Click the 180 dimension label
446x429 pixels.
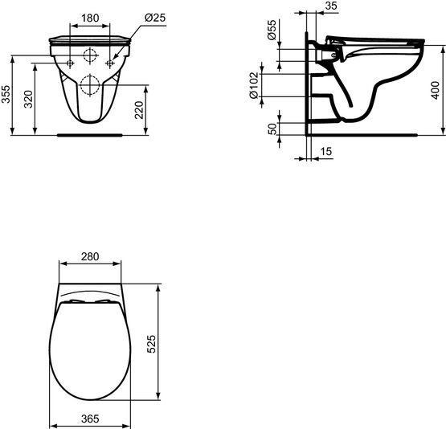tap(90, 18)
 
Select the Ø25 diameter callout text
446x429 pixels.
tap(155, 18)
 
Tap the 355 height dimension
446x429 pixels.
tap(6, 94)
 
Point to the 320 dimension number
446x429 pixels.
tap(28, 99)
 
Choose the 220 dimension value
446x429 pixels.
tap(139, 110)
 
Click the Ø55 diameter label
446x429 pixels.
tap(272, 30)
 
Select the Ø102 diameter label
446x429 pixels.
tap(254, 85)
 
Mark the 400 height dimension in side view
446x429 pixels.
tap(436, 90)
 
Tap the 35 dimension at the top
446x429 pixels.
tap(331, 6)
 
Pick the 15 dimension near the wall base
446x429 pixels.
tap(326, 151)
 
